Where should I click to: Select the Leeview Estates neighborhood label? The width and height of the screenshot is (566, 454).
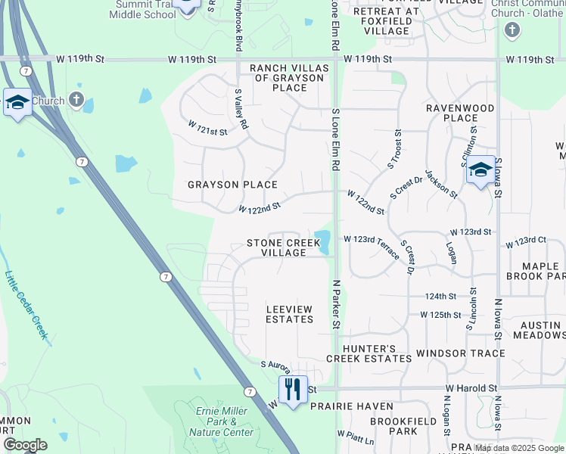click(x=289, y=314)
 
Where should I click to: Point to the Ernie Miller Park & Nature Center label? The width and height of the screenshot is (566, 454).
click(x=220, y=421)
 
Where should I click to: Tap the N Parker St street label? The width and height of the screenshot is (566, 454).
click(x=334, y=303)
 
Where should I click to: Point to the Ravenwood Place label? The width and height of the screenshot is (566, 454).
click(x=460, y=113)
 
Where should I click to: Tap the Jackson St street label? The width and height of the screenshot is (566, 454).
click(x=442, y=184)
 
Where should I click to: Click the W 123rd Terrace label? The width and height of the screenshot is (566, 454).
click(x=372, y=247)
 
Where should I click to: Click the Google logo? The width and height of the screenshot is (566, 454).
click(x=25, y=444)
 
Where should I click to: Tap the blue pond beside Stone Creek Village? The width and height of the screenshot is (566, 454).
click(x=323, y=241)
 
